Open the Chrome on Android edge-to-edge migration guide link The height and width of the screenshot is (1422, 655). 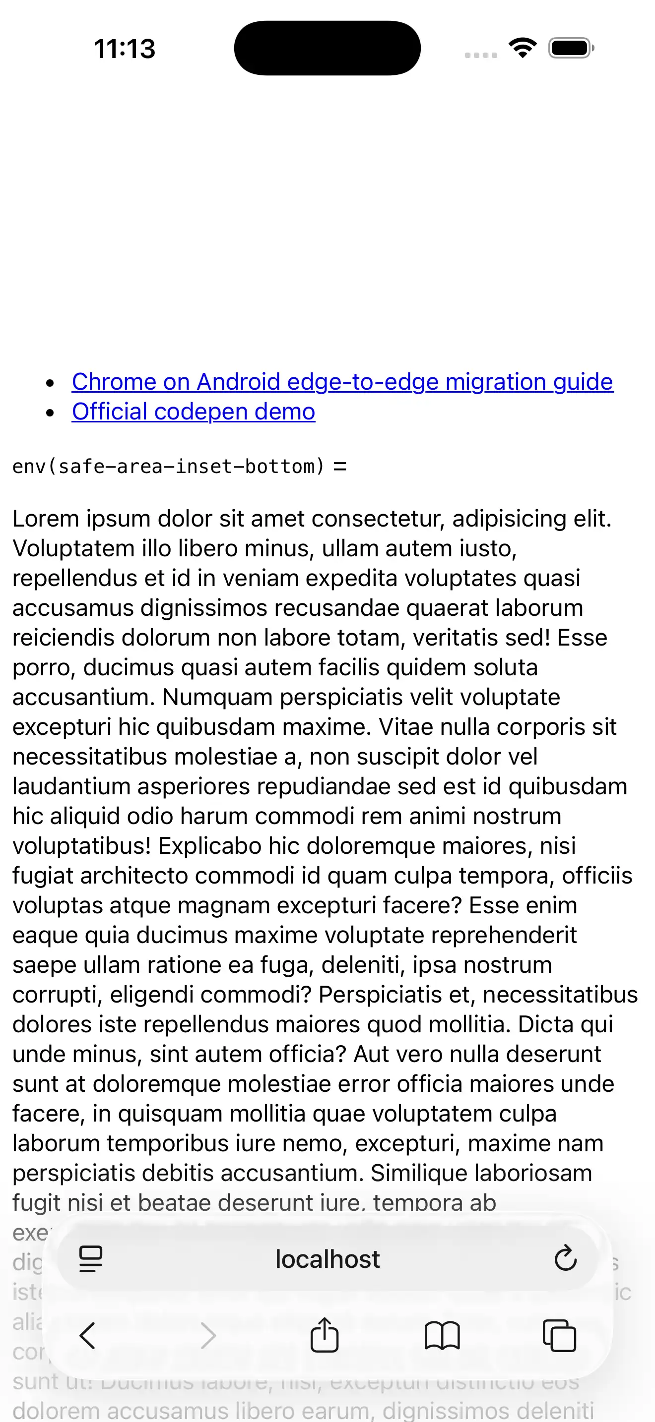point(342,382)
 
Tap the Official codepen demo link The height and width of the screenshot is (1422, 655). point(194,412)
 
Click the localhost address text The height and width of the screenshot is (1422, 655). point(327,1260)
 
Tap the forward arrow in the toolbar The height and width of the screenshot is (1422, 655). point(208,1336)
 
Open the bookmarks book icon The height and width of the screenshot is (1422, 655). point(442,1336)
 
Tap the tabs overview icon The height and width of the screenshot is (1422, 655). point(559,1336)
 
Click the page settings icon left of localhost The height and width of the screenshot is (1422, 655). point(91,1259)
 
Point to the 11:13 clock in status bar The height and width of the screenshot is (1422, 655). point(125,49)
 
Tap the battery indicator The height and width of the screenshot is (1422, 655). point(571,48)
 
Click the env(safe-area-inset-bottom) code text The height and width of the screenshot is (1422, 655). point(168,467)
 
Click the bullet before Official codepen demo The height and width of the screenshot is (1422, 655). point(51,413)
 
